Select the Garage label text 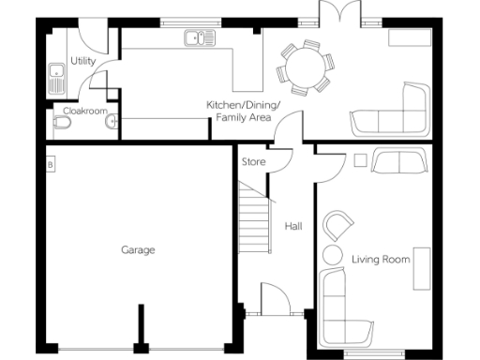[x=138, y=249]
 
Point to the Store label [x=254, y=162]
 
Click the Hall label [x=293, y=226]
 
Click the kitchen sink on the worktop [x=196, y=38]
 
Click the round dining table [x=305, y=67]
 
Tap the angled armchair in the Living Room [x=338, y=227]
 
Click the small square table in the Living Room [x=359, y=160]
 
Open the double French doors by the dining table [x=336, y=15]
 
